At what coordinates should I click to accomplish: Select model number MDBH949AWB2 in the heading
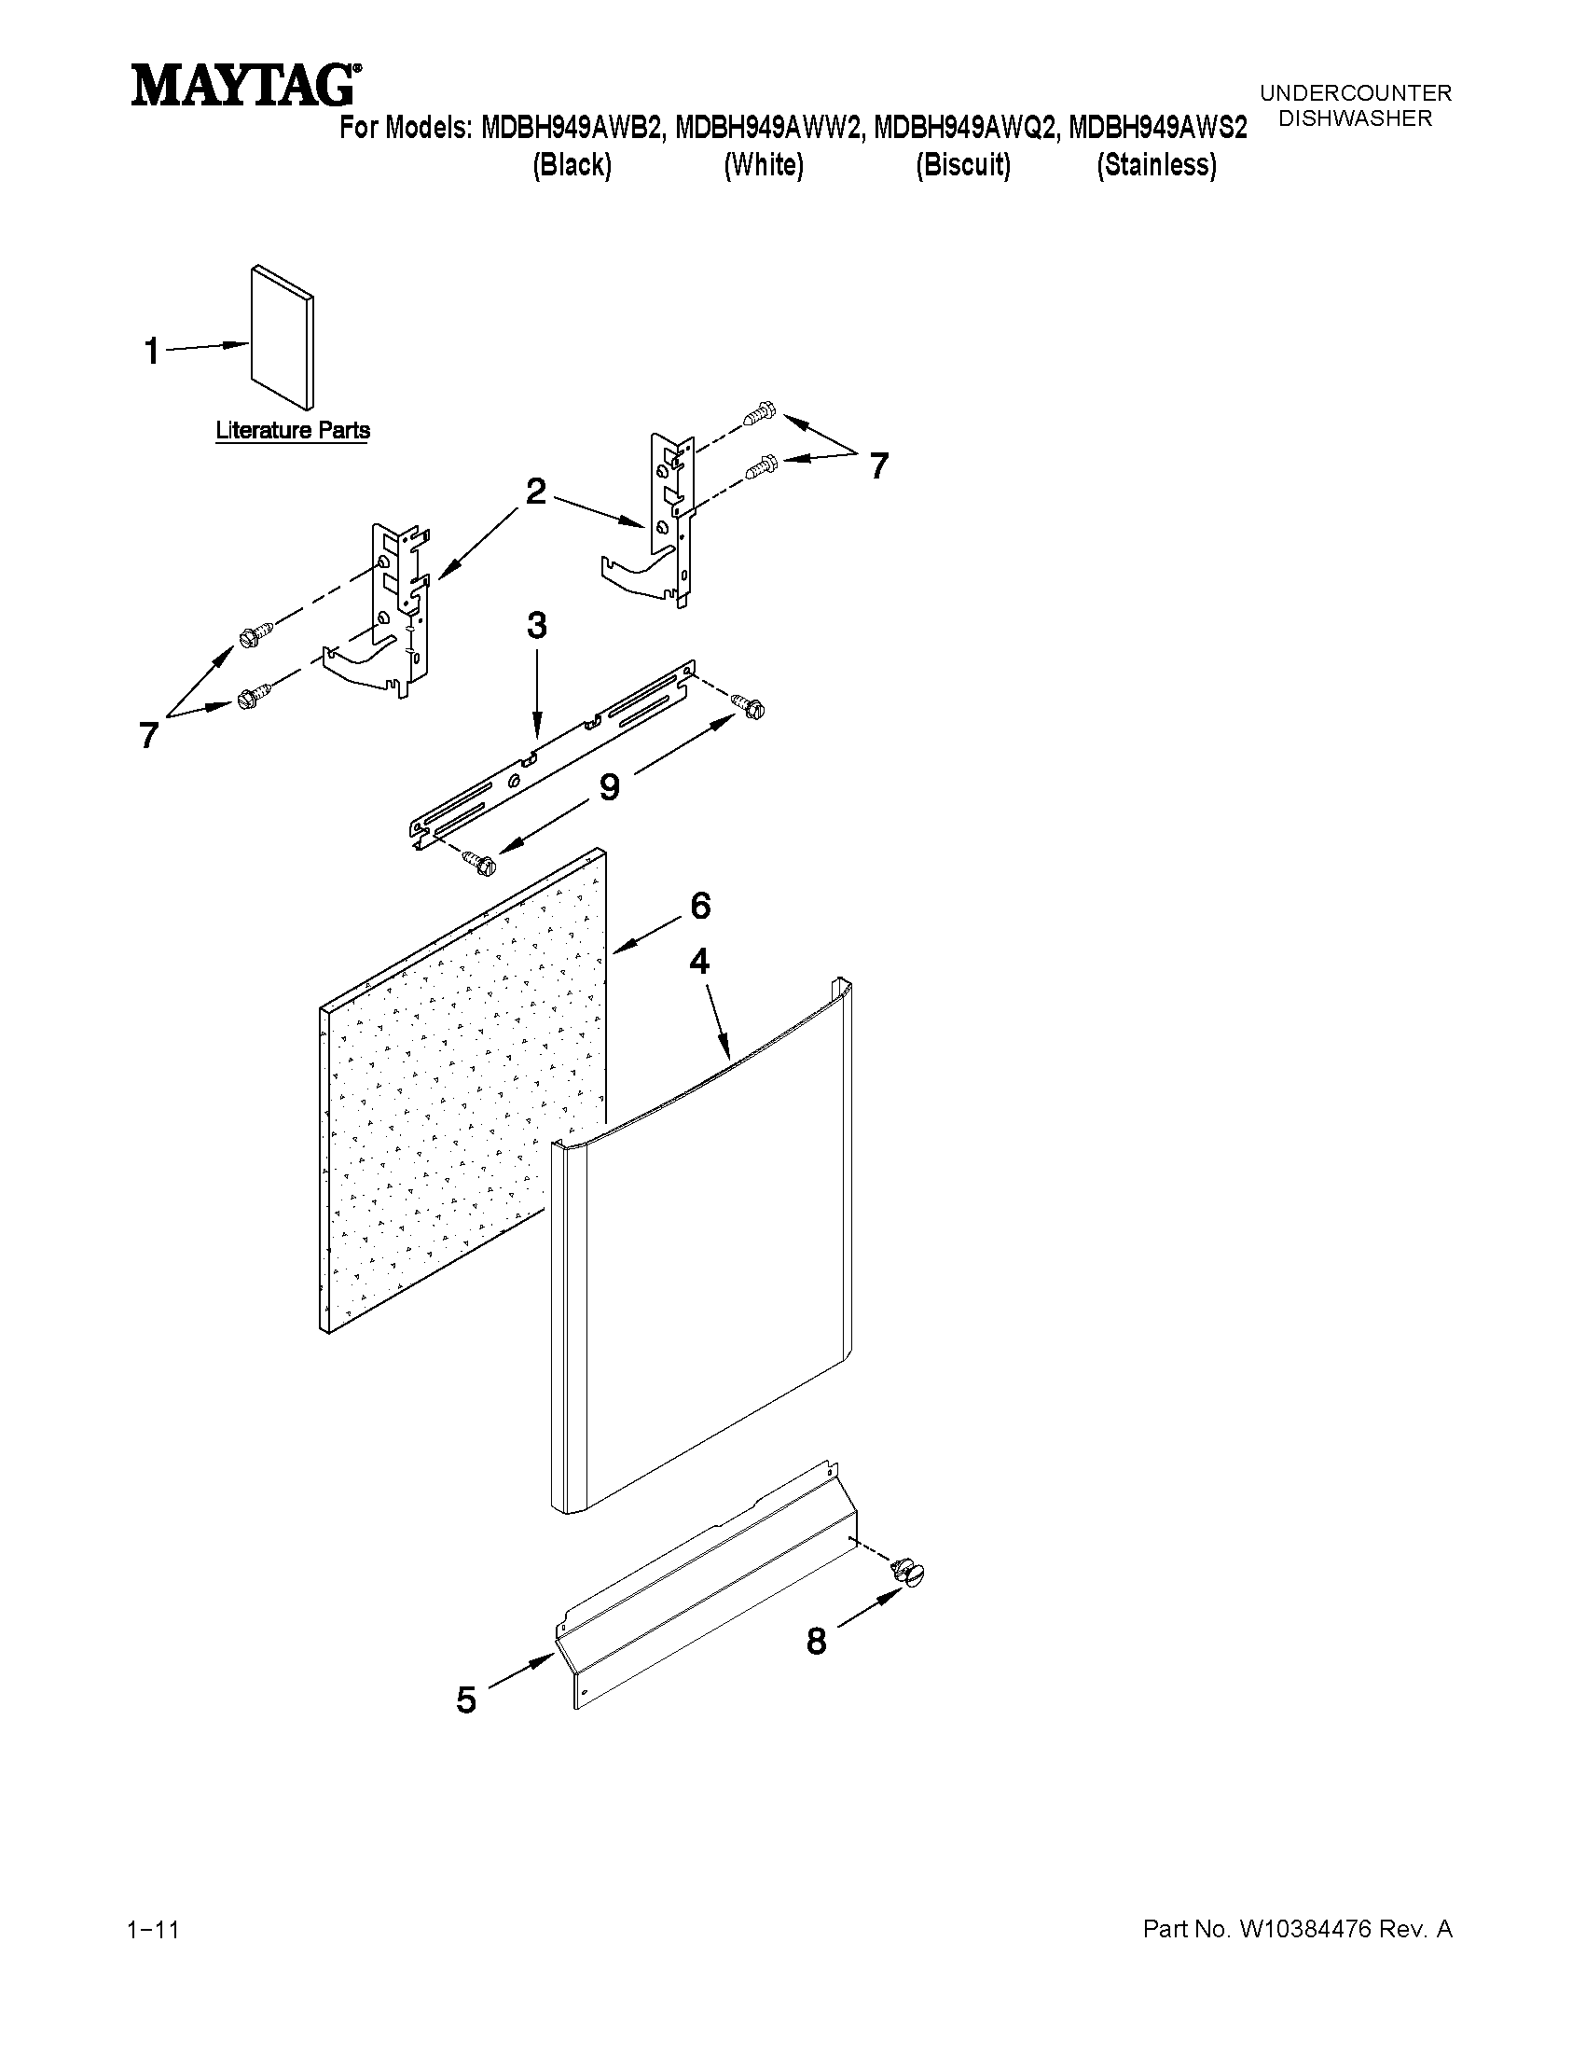pos(572,127)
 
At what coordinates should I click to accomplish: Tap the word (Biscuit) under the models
pos(963,165)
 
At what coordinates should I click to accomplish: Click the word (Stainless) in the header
pos(1155,165)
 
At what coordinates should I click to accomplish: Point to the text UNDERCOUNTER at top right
pos(1355,93)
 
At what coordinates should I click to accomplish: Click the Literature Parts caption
pos(292,431)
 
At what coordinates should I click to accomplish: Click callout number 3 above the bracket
pos(536,626)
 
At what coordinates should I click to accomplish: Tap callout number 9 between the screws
pos(609,787)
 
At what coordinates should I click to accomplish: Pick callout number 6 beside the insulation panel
pos(700,905)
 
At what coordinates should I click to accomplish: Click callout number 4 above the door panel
pos(699,961)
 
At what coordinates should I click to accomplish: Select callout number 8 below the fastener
pos(817,1642)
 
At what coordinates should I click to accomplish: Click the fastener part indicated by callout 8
pos(909,1572)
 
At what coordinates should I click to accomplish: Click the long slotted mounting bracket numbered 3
pos(555,752)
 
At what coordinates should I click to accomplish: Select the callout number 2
pos(535,492)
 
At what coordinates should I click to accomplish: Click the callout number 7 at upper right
pos(878,465)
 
